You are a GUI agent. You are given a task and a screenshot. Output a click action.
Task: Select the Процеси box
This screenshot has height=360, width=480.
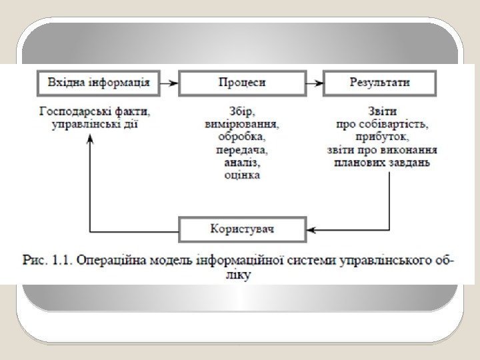[x=241, y=83]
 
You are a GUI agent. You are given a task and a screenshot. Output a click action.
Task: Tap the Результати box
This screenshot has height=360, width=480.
[x=380, y=83]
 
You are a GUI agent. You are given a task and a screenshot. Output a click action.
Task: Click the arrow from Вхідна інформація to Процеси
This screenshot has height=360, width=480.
[x=170, y=83]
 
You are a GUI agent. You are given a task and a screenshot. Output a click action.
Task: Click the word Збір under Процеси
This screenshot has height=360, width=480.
[x=241, y=111]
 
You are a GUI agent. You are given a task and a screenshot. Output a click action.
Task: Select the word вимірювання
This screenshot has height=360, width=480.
[x=241, y=123]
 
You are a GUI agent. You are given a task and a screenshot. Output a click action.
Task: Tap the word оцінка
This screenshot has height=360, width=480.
[x=241, y=175]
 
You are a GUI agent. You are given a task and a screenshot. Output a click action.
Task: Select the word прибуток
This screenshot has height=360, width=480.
[x=380, y=137]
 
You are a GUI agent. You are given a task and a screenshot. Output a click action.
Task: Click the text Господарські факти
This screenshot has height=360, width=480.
[x=99, y=111]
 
